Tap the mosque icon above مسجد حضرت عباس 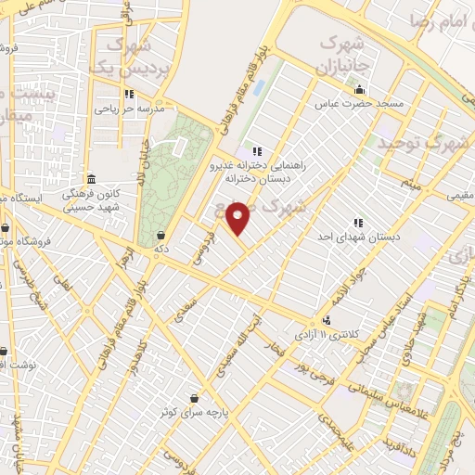359,90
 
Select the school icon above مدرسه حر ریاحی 128,95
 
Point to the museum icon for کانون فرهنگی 91,179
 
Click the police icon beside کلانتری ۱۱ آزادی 325,317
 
